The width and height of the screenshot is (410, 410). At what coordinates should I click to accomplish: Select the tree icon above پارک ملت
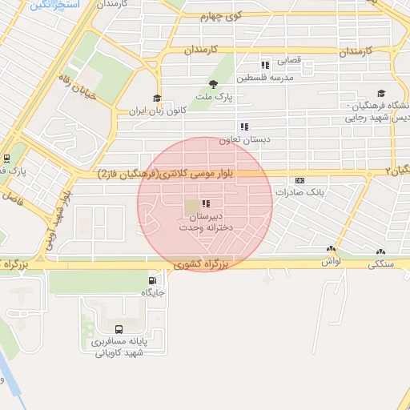click(x=213, y=84)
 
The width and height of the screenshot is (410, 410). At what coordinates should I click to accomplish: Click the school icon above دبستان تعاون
click(x=243, y=127)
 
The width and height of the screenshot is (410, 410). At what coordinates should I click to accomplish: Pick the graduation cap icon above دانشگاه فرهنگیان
click(x=380, y=94)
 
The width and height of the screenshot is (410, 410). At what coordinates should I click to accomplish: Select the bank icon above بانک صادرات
click(x=299, y=180)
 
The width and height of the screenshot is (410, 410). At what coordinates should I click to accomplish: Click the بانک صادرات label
click(x=298, y=192)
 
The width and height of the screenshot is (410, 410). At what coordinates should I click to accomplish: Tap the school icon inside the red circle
click(x=207, y=204)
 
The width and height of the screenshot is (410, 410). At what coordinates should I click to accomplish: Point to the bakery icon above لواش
click(x=331, y=250)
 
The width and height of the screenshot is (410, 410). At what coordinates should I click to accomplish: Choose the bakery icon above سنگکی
click(x=377, y=250)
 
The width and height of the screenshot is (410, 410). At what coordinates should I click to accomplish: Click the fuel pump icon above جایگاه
click(x=152, y=280)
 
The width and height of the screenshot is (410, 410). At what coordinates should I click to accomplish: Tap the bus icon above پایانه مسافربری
click(x=119, y=328)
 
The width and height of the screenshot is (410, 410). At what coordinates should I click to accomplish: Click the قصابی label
click(x=288, y=60)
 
